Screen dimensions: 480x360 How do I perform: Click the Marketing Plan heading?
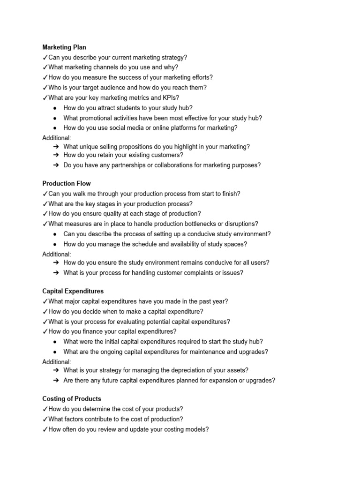(x=64, y=47)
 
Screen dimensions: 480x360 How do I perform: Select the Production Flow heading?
(x=67, y=183)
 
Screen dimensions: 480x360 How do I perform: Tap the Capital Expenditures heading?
(x=73, y=291)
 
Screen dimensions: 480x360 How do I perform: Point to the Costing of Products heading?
(x=72, y=399)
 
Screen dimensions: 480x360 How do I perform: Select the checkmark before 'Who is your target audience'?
(x=45, y=88)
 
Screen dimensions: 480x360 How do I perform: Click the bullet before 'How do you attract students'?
(x=55, y=108)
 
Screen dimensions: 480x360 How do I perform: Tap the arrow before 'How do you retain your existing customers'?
(x=56, y=155)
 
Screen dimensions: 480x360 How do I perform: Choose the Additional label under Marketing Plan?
(x=57, y=138)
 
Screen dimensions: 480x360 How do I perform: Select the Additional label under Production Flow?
(x=57, y=254)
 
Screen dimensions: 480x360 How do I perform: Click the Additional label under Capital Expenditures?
(x=57, y=362)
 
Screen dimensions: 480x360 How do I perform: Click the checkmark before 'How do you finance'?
(x=45, y=332)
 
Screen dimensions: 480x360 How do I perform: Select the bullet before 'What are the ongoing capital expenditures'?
(x=55, y=352)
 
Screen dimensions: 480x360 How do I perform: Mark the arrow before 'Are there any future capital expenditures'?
(x=56, y=381)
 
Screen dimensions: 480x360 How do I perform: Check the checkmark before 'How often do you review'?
(x=45, y=429)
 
